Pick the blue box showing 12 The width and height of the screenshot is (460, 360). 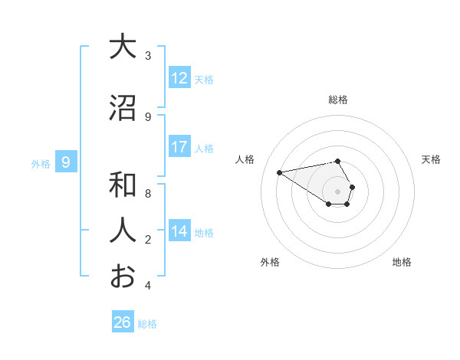tap(179, 78)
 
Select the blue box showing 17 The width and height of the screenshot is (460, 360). tap(179, 148)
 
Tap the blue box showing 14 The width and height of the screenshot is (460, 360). tap(179, 231)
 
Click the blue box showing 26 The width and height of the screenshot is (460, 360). tap(122, 322)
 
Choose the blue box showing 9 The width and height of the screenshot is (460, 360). tap(67, 162)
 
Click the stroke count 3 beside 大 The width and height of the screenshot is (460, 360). tap(148, 56)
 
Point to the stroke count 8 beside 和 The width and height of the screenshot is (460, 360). tap(148, 193)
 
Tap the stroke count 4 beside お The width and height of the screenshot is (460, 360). tap(148, 286)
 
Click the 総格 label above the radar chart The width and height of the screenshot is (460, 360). tap(337, 100)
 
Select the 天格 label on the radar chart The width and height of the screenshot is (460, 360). tap(431, 159)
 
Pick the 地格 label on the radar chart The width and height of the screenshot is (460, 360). tap(402, 262)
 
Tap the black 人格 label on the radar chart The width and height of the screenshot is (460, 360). tap(245, 159)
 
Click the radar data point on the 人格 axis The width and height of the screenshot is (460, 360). tap(280, 172)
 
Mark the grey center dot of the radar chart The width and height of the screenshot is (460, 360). tap(337, 191)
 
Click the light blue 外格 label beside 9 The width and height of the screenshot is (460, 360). tap(41, 163)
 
